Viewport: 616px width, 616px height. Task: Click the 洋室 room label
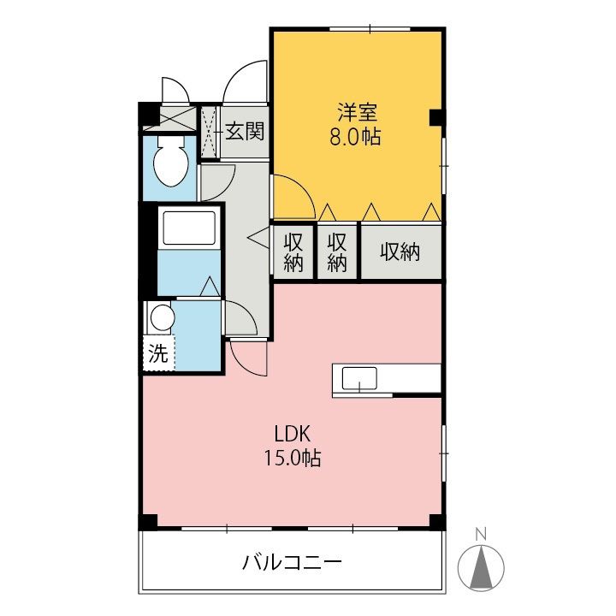pyautogui.click(x=358, y=111)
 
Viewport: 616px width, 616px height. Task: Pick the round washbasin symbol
pyautogui.click(x=162, y=319)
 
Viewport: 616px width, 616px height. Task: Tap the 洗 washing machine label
pyautogui.click(x=158, y=352)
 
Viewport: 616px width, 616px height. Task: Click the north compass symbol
pyautogui.click(x=482, y=565)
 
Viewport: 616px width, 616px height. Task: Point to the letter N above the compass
pyautogui.click(x=481, y=534)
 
